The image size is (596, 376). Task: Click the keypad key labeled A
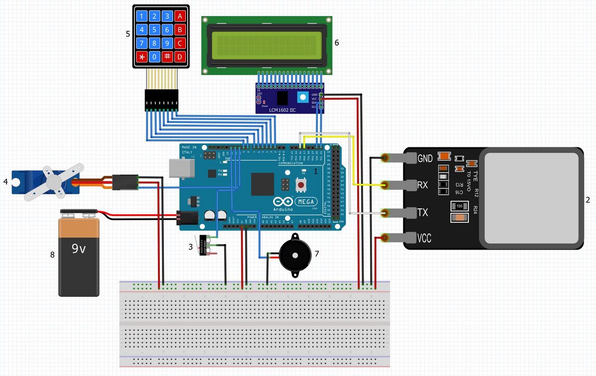point(180,16)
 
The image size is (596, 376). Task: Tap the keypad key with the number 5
point(154,30)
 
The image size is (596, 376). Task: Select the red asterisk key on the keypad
point(143,57)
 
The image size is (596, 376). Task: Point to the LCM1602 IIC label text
point(282,110)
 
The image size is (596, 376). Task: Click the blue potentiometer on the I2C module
point(301,97)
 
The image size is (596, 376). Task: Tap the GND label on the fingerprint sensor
point(425,159)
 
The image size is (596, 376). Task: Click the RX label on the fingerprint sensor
point(423,186)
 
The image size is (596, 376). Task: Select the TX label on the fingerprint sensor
point(423,213)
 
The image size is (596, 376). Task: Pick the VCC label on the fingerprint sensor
point(425,239)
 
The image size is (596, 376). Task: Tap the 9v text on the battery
point(78,248)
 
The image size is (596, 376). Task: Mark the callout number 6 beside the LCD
point(337,43)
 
